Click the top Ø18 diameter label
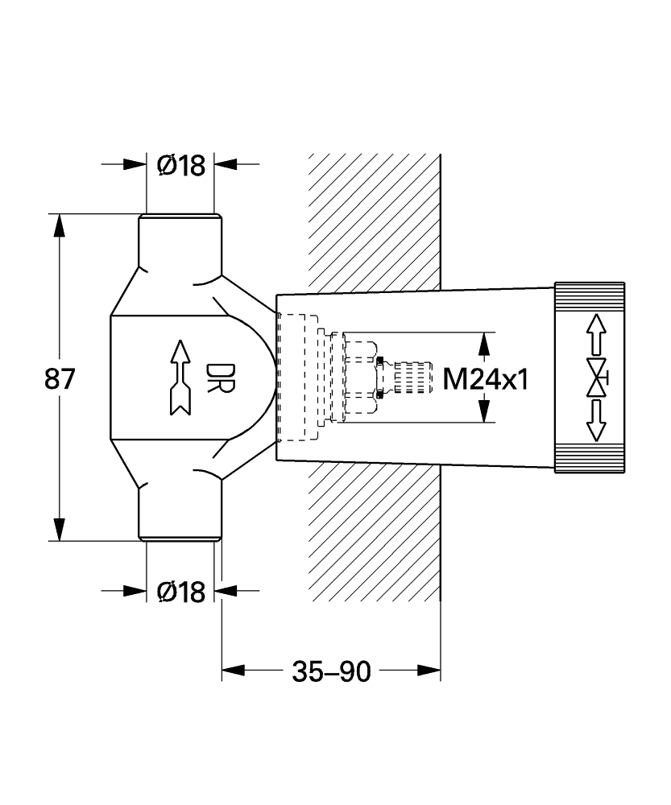pos(181,165)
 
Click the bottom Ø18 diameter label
pos(181,592)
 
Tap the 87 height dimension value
pos(60,379)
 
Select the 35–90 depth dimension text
pos(331,671)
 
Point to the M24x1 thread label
pos(486,380)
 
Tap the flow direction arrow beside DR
pos(180,378)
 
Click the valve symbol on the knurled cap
pos(597,378)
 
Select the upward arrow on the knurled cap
pos(596,335)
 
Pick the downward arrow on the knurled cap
pos(596,420)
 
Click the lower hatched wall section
pos(374,531)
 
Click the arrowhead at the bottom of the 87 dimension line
pos(60,530)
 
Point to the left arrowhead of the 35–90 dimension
pos(234,671)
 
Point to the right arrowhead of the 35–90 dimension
pos(429,671)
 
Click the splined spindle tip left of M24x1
pos(413,378)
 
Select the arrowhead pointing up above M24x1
pos(483,344)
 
